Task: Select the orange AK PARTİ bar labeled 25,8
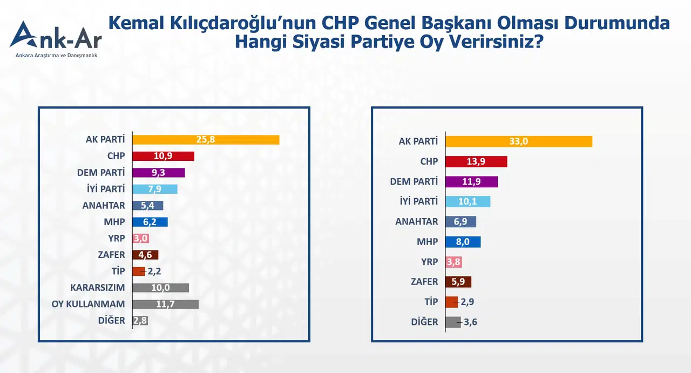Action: [x=206, y=140]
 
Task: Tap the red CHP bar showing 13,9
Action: [x=476, y=162]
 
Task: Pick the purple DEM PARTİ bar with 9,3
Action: [x=159, y=173]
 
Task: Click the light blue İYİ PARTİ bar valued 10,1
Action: [x=468, y=202]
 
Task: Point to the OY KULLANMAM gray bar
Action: [x=165, y=304]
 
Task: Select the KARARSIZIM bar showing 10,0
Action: [x=160, y=288]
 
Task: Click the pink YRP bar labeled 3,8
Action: [x=453, y=262]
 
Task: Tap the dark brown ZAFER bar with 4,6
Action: [x=145, y=255]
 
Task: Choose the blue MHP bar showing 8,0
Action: [x=463, y=242]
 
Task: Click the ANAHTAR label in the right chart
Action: [x=416, y=222]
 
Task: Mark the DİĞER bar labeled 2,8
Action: [x=140, y=321]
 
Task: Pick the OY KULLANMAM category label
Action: [x=88, y=304]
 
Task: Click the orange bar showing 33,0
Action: [x=519, y=141]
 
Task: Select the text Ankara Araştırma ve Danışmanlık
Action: [x=57, y=56]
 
